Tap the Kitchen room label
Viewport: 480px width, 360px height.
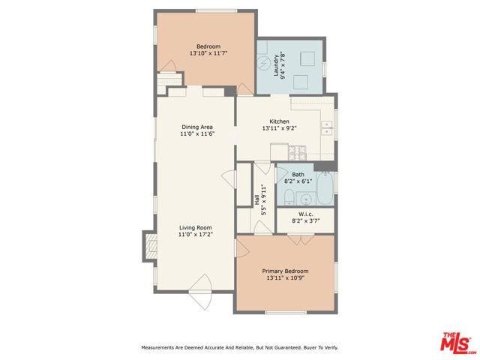[279, 121]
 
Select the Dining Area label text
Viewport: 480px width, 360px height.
[196, 127]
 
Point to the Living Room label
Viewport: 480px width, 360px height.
[195, 227]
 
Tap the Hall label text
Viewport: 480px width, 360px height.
[256, 200]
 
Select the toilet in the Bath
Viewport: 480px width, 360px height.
[289, 197]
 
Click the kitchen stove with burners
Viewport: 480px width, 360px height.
[298, 153]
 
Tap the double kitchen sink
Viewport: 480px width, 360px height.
[327, 127]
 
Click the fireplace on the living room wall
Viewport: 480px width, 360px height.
[149, 245]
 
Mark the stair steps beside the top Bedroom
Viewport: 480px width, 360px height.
[170, 81]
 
